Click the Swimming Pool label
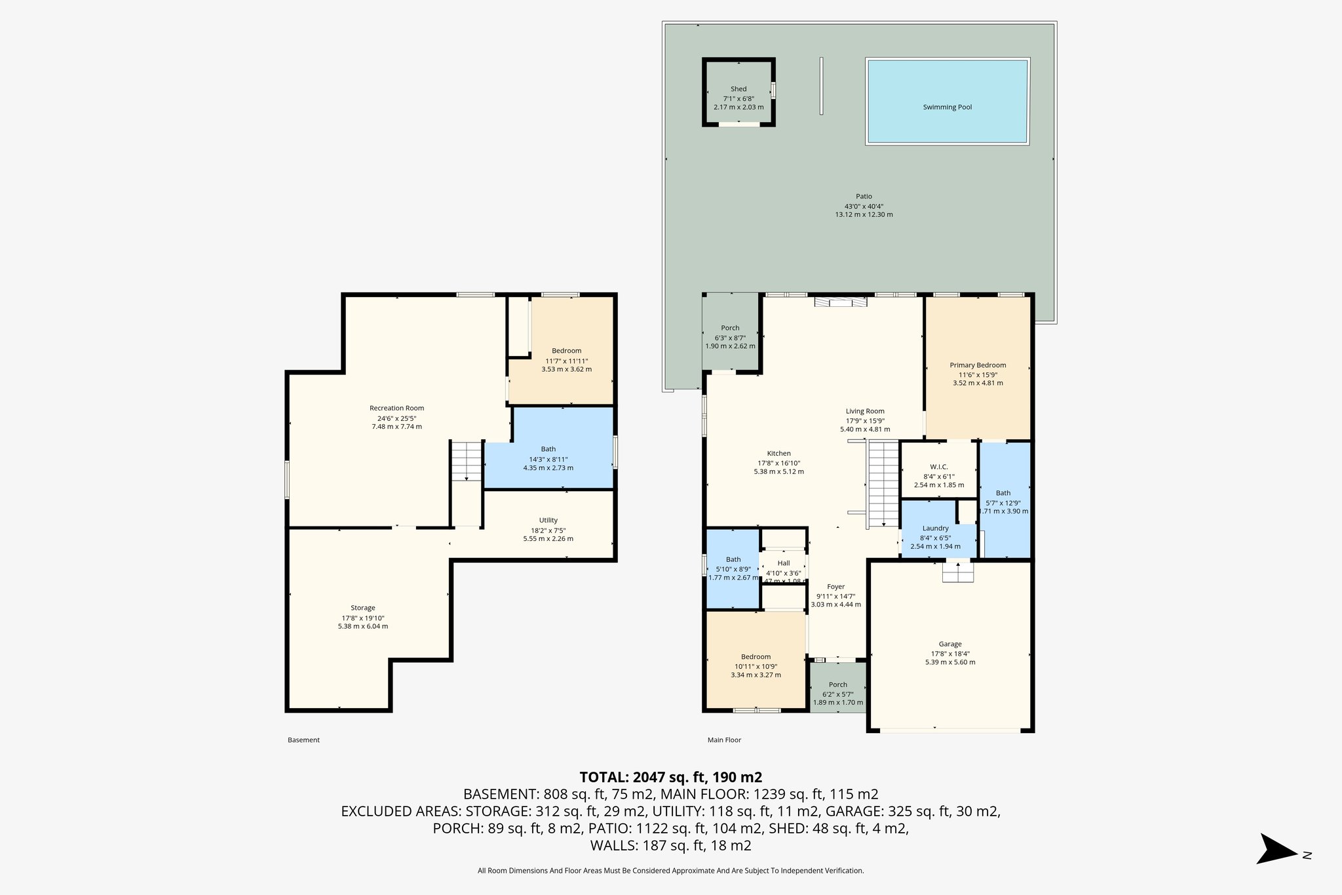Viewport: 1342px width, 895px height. [x=947, y=107]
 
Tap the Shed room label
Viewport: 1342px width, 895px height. [x=738, y=89]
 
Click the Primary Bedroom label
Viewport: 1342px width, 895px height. [x=978, y=365]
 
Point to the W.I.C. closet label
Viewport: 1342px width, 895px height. [x=938, y=467]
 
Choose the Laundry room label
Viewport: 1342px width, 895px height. [x=935, y=528]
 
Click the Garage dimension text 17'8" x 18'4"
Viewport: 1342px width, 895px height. [x=950, y=653]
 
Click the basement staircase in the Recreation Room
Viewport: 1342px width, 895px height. [x=467, y=461]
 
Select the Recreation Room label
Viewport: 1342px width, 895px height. [x=396, y=408]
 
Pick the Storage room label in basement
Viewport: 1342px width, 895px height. [x=362, y=608]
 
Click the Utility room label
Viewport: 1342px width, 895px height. [x=548, y=520]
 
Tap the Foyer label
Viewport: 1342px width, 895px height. [x=835, y=587]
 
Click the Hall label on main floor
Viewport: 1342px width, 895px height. [x=784, y=563]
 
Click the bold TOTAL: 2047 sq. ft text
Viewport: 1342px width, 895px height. [x=670, y=777]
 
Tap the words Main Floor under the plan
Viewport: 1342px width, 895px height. [x=724, y=740]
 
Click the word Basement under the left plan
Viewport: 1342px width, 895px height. [x=303, y=740]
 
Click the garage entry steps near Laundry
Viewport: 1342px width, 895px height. [x=958, y=572]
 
